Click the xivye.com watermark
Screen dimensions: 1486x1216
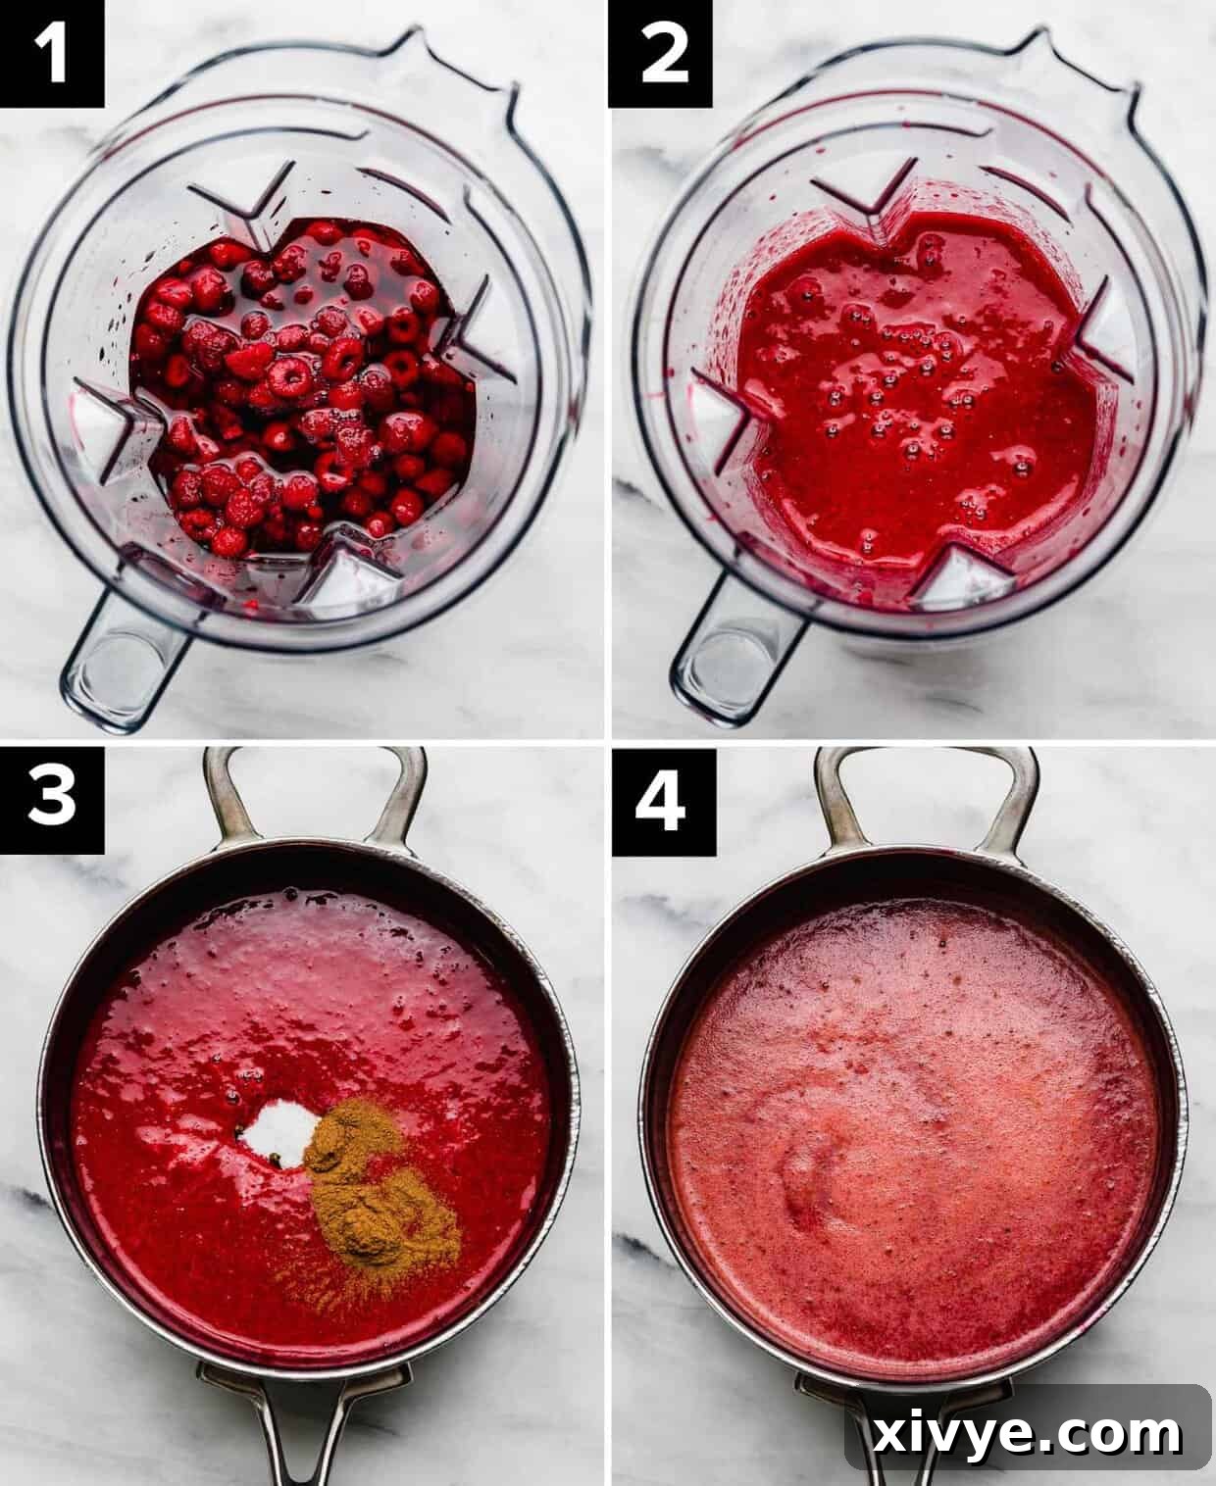point(1028,1433)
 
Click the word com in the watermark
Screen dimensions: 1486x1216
point(1128,1435)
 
